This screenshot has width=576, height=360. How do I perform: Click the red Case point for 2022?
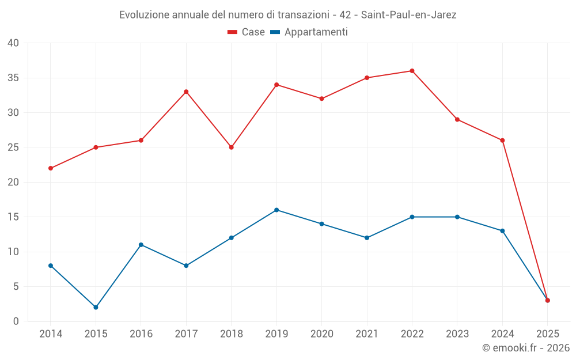coord(412,71)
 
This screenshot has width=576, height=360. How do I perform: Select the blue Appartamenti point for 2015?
coord(96,307)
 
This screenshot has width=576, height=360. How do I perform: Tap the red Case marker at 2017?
coord(186,92)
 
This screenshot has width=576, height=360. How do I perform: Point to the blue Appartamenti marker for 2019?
coord(276,210)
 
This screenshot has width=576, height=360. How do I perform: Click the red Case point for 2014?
coord(51,168)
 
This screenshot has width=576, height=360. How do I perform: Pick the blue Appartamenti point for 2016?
coord(141,245)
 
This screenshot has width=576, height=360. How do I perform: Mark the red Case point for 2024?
coord(502,141)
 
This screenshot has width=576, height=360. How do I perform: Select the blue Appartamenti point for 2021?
coord(367,238)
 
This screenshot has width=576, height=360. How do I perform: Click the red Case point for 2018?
coord(231,147)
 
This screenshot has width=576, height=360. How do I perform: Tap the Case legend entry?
coord(247,32)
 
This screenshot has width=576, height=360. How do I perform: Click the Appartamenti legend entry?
coord(309,32)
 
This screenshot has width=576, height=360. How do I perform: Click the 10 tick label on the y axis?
coord(13,252)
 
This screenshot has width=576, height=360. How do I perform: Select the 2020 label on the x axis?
coord(321,334)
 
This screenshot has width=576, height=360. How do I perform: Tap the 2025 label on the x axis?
coord(547,334)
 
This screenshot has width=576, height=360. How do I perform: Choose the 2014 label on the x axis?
coord(51,334)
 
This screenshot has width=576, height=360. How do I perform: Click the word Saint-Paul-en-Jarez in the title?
coord(408,15)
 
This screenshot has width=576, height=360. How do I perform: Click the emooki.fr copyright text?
coord(526,348)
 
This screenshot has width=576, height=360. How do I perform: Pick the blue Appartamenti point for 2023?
coord(457,217)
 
